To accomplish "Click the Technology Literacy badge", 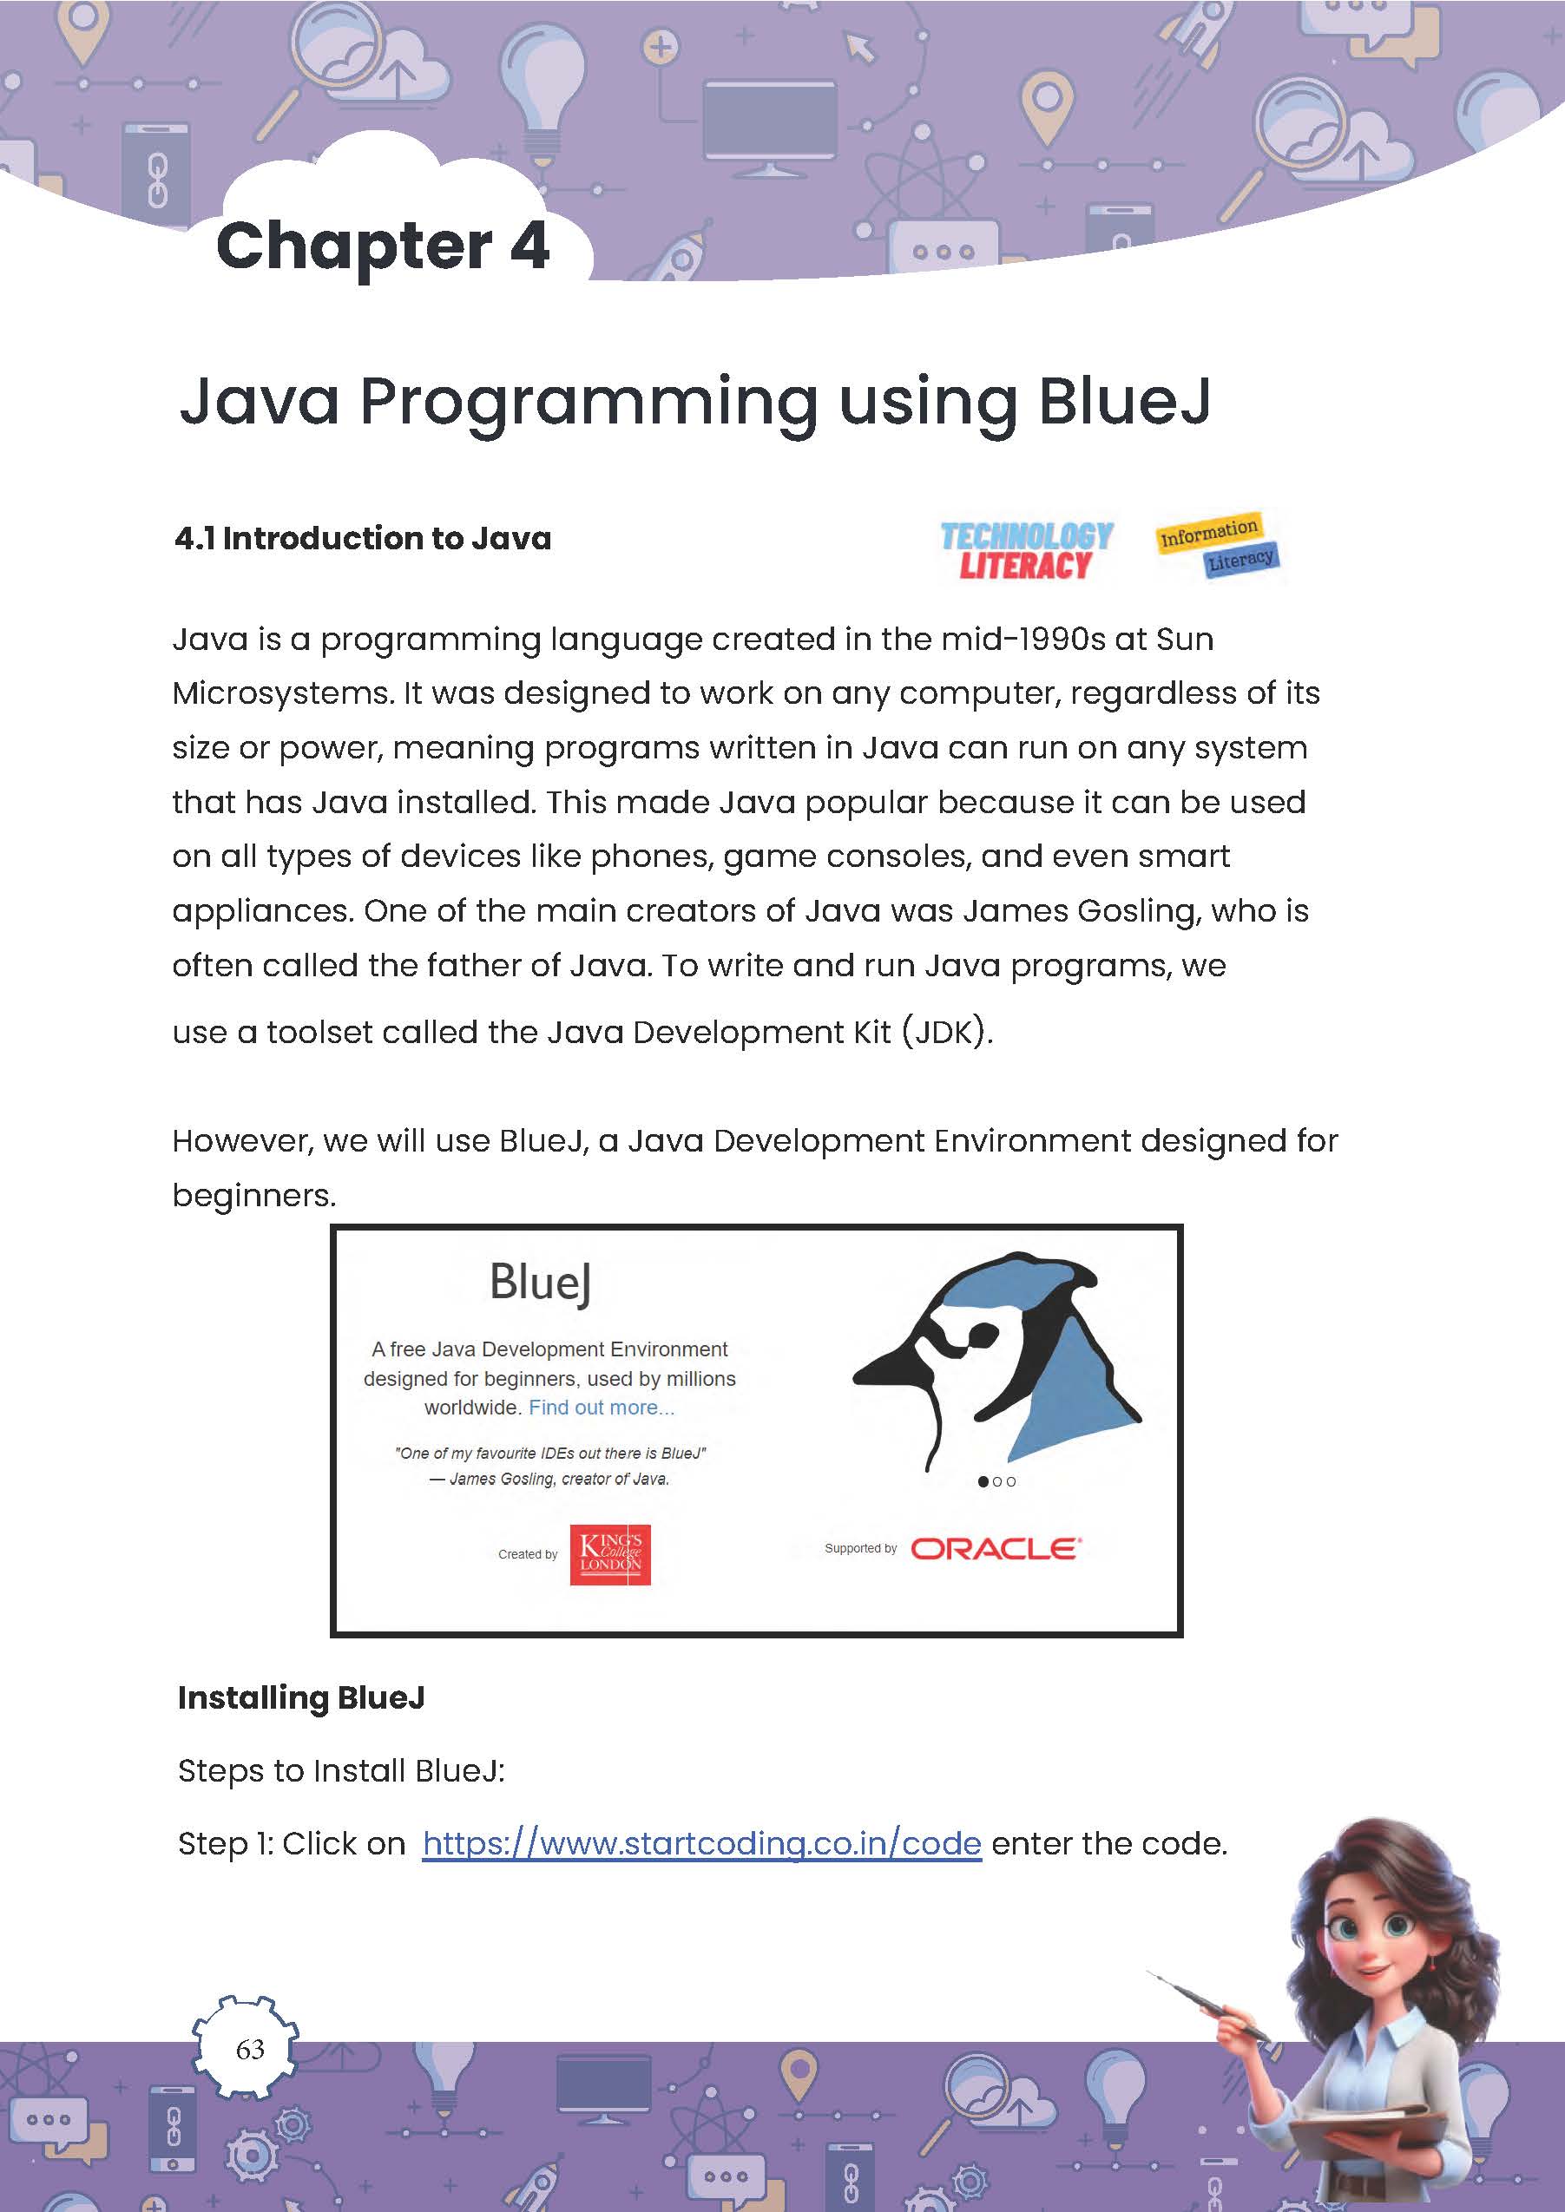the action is tap(1026, 550).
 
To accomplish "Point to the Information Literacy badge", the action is tap(1218, 544).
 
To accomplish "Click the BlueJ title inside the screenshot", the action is tap(541, 1283).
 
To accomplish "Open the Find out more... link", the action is tap(602, 1408).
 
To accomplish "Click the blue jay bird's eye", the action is tap(983, 1335).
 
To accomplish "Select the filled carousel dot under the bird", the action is tap(983, 1481).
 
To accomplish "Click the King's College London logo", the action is tap(610, 1554).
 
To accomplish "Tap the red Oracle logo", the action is tap(996, 1548).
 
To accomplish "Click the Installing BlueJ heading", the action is tap(301, 1697).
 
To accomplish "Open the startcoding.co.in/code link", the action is tap(701, 1843).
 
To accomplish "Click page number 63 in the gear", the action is tap(250, 2048).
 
